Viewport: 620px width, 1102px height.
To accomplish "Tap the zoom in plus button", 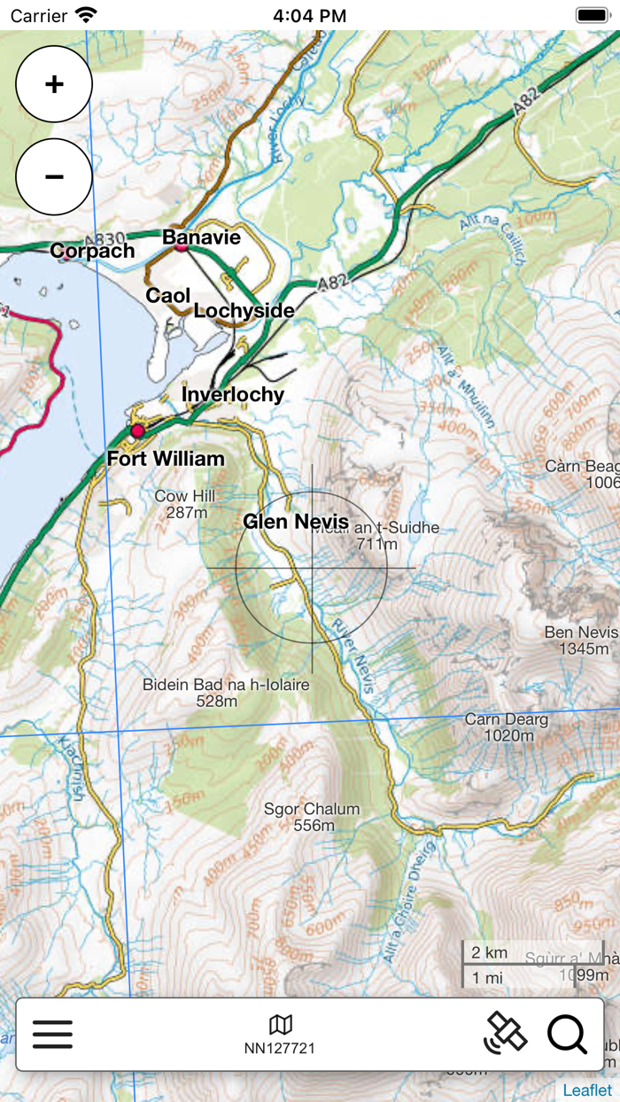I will (x=54, y=84).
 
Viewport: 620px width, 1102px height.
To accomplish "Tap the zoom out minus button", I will (x=54, y=176).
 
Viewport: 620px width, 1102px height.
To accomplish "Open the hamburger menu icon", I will (x=52, y=1034).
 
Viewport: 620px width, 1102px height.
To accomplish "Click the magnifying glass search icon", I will (x=567, y=1034).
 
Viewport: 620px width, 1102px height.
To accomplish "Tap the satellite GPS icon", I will (x=506, y=1033).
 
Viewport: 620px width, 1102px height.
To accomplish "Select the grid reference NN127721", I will (x=280, y=1047).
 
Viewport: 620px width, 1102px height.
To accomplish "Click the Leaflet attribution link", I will (x=587, y=1090).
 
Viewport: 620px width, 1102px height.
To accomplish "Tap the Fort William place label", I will (x=166, y=458).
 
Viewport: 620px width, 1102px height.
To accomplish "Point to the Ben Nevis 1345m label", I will (x=581, y=640).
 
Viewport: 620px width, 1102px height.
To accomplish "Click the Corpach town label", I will (x=92, y=251).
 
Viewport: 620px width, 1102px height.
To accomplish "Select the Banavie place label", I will (x=201, y=237).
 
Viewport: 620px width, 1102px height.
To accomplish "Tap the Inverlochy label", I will (x=233, y=394).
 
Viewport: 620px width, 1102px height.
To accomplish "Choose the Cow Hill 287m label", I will (x=185, y=504).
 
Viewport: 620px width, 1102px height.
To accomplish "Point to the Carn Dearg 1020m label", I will (x=507, y=727).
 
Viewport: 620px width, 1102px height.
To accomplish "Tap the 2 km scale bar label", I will (x=490, y=953).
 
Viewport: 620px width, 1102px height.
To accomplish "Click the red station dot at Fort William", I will (x=137, y=431).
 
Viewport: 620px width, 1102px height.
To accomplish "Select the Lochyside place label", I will (x=244, y=311).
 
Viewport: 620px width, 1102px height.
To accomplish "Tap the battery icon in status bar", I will (x=591, y=15).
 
